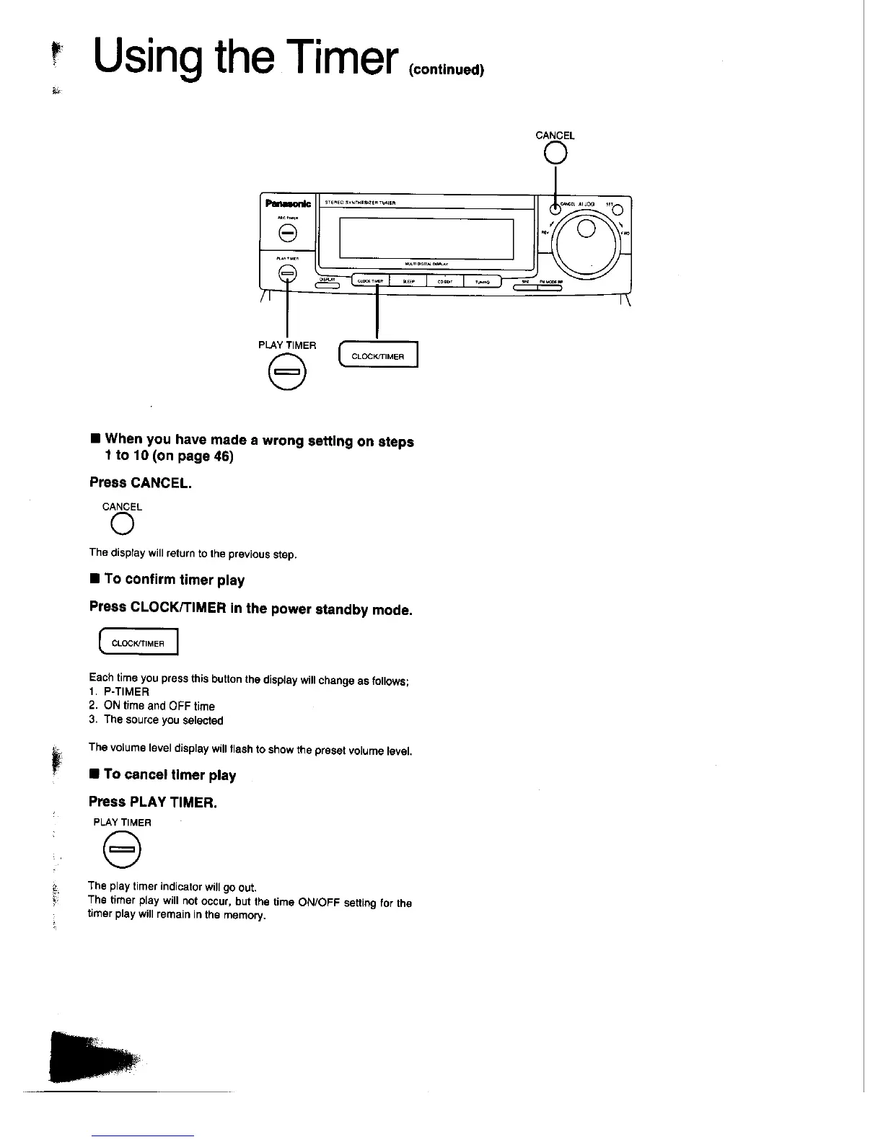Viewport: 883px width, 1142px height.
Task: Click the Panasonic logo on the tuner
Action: tap(287, 204)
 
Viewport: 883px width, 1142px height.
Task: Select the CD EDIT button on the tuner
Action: tap(444, 282)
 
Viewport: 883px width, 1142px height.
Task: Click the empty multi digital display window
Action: tap(426, 238)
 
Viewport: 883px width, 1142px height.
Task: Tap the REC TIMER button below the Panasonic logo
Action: tap(287, 233)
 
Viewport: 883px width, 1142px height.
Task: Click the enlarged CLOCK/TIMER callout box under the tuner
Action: tap(378, 356)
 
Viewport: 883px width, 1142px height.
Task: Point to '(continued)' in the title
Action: tap(446, 70)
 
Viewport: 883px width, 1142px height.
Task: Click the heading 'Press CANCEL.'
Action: tap(141, 483)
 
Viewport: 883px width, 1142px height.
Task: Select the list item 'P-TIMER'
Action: tap(126, 691)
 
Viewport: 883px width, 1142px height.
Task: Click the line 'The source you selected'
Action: tap(163, 720)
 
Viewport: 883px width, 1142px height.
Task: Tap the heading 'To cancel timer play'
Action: tap(170, 775)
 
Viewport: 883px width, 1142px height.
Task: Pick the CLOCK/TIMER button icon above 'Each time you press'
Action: tap(137, 642)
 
